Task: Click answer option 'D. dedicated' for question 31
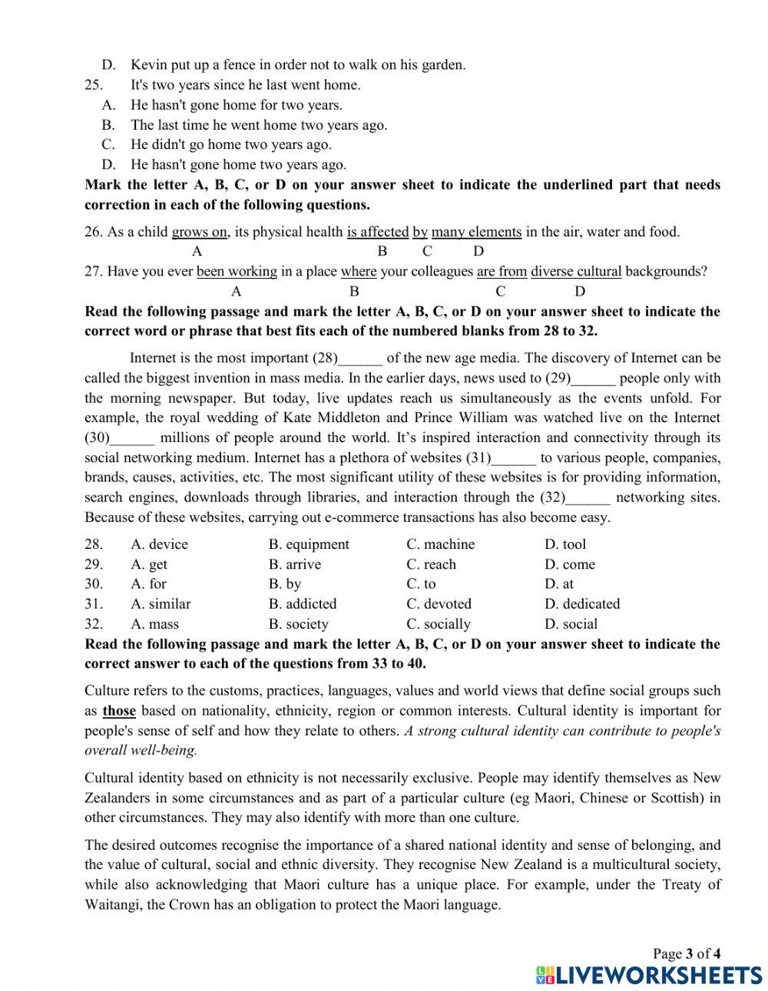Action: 581,604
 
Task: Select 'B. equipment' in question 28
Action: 309,544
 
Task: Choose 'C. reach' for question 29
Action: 431,564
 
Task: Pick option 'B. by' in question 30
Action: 285,584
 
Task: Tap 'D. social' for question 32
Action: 571,624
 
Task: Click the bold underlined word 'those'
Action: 119,711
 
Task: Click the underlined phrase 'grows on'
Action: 200,232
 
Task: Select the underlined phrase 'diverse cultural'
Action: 576,271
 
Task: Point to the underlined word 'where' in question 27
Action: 359,271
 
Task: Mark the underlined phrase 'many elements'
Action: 476,232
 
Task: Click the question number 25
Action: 94,85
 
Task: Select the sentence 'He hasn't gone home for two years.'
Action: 237,105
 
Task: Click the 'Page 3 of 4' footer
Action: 686,954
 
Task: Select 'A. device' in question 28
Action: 159,544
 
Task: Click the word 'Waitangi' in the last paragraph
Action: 113,904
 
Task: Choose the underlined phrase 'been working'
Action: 237,271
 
